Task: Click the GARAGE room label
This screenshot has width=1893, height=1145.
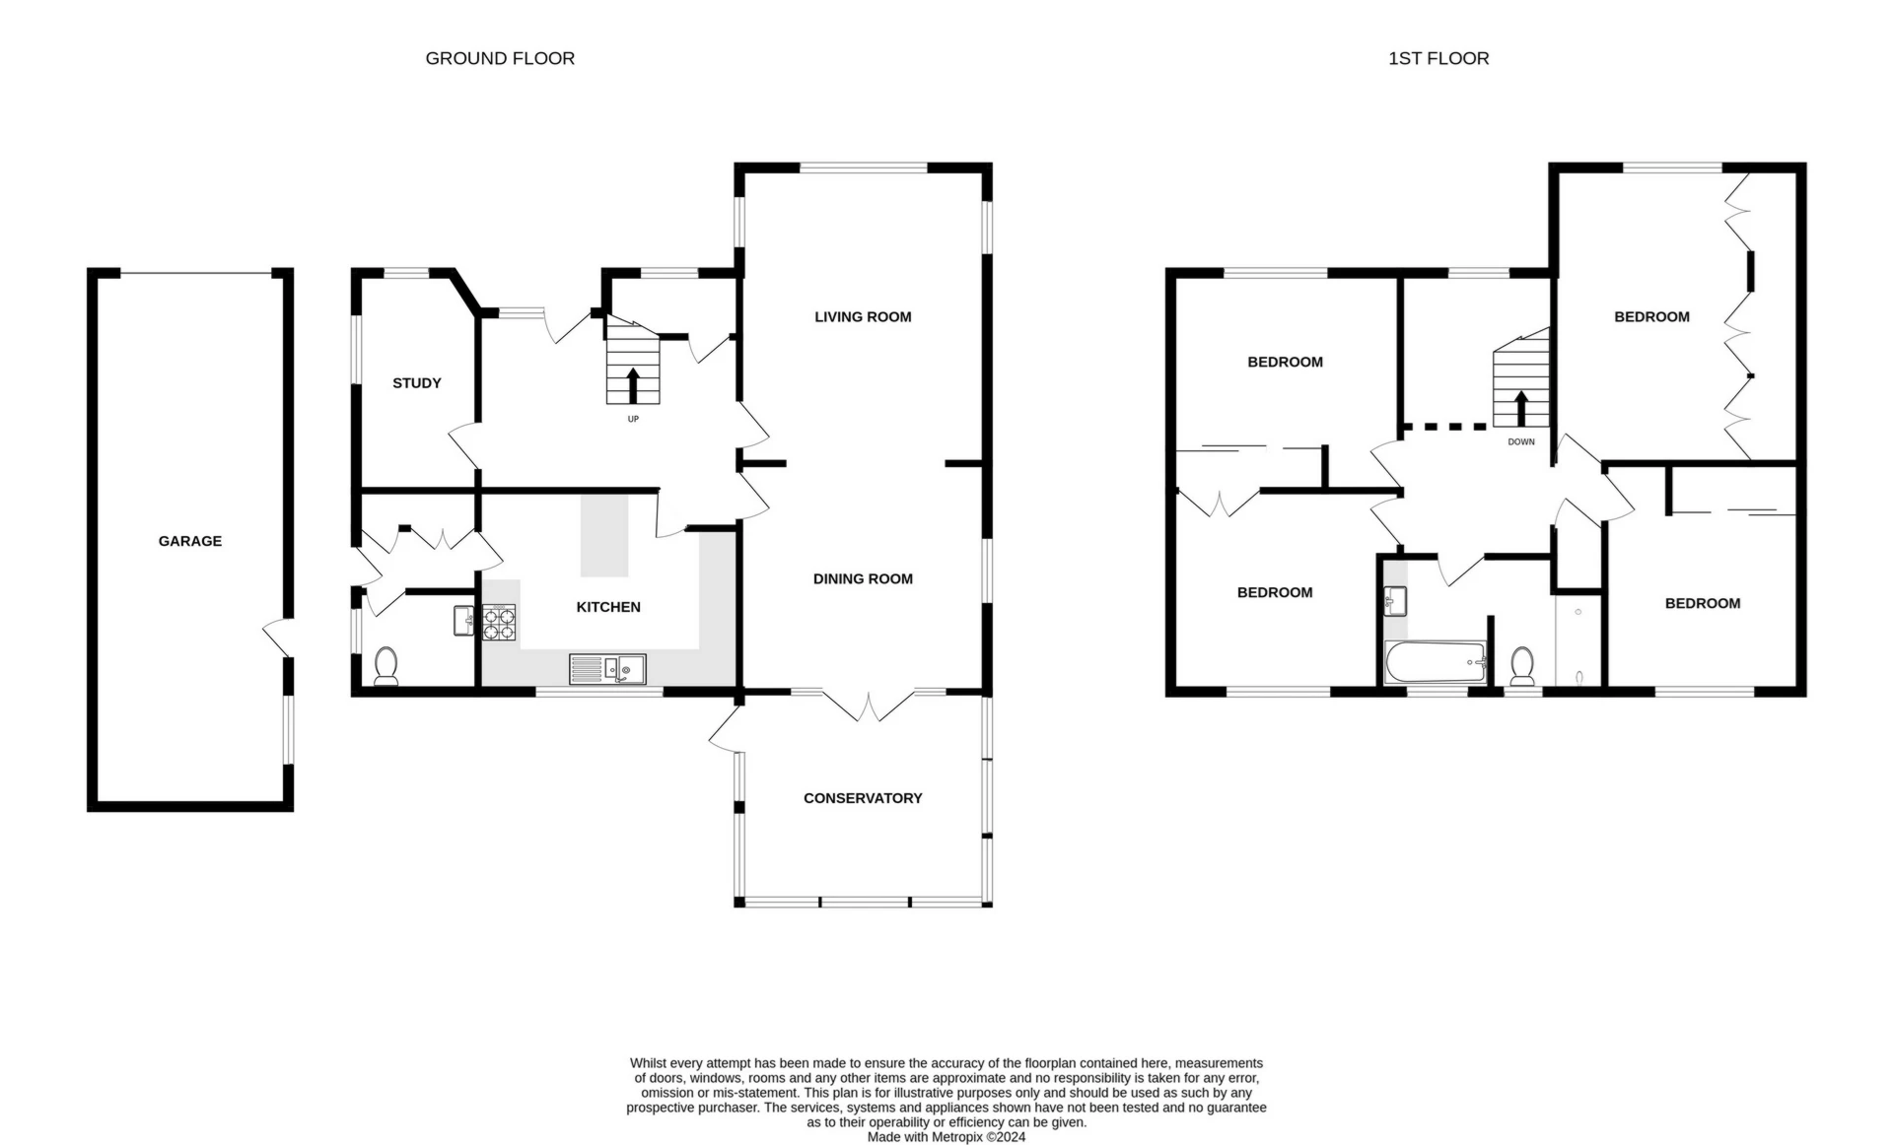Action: [x=190, y=541]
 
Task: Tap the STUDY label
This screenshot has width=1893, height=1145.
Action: [x=417, y=383]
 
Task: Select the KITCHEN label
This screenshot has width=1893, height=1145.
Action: [x=608, y=607]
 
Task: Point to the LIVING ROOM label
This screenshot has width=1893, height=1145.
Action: [x=863, y=316]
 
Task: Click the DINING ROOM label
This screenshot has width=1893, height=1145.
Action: [x=863, y=578]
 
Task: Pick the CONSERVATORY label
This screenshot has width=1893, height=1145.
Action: [x=863, y=798]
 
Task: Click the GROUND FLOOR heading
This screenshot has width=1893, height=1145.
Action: [x=500, y=58]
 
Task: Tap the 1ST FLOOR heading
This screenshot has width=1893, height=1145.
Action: [x=1438, y=58]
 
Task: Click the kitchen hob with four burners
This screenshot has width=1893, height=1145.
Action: [x=499, y=623]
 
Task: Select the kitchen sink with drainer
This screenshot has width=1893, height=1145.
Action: [x=607, y=669]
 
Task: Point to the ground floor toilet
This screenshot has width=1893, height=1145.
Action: [x=386, y=666]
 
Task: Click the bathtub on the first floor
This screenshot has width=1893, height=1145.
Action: [x=1436, y=662]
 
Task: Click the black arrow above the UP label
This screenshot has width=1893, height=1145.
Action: [x=631, y=385]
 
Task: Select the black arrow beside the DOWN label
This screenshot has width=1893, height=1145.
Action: [x=1520, y=408]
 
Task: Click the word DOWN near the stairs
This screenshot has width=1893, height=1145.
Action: [x=1521, y=441]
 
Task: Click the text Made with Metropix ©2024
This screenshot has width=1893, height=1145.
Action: [x=946, y=1136]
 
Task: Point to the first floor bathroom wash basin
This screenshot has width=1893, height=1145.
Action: [x=1394, y=600]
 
